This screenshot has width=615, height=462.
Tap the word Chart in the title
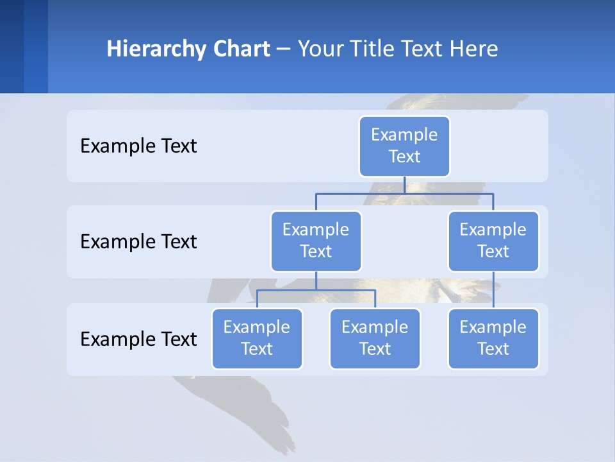pos(240,49)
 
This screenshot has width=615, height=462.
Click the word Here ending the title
pos(473,49)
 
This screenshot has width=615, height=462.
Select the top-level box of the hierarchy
pos(404,146)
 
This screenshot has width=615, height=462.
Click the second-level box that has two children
pos(316,241)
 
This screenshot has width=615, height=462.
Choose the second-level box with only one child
pos(493,241)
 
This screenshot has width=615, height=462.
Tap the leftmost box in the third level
pos(257,338)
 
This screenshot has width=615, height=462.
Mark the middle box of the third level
pos(375,338)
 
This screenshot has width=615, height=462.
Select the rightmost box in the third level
pos(493,338)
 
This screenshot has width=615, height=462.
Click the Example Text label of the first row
pos(138,146)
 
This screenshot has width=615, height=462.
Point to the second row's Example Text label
pos(138,242)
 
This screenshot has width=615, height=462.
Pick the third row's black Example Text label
pos(138,339)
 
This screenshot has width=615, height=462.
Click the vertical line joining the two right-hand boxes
pos(493,290)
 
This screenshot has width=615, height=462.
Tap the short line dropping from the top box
pos(404,185)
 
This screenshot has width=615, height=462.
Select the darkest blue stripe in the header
pos(12,46)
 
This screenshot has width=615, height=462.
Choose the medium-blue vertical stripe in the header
pos(36,46)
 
